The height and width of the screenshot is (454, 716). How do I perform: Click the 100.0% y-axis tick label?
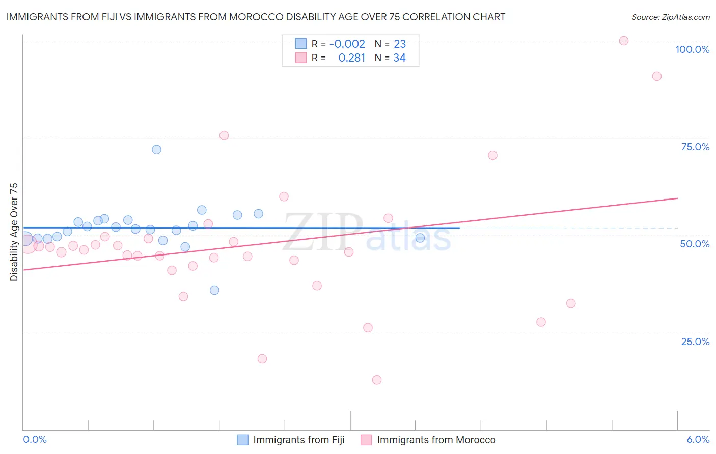click(692, 49)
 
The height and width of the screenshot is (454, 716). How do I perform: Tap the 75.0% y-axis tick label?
click(695, 147)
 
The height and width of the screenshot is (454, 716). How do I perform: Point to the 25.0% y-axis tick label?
click(695, 342)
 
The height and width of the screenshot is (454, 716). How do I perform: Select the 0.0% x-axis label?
click(35, 439)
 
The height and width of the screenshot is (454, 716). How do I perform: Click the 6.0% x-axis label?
click(698, 439)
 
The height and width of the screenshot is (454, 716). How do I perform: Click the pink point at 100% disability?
click(624, 41)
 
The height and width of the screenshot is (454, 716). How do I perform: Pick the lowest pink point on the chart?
click(377, 380)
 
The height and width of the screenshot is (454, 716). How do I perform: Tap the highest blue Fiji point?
click(157, 150)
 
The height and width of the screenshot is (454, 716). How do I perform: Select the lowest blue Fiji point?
click(214, 290)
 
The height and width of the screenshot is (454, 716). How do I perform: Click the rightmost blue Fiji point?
click(420, 238)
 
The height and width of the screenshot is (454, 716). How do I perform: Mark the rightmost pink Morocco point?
click(657, 76)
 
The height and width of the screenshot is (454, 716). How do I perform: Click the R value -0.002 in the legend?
click(347, 44)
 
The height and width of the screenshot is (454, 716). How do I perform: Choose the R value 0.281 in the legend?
click(352, 58)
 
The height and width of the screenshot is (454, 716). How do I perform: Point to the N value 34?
click(399, 58)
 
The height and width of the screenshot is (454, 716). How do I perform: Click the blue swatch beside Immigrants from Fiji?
click(243, 440)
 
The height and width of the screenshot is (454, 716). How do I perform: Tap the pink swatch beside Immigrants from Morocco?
click(366, 440)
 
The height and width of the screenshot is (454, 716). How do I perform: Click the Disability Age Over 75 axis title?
click(14, 232)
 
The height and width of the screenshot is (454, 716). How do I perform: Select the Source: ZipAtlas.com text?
click(670, 17)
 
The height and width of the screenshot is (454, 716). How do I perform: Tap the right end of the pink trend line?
click(677, 198)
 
